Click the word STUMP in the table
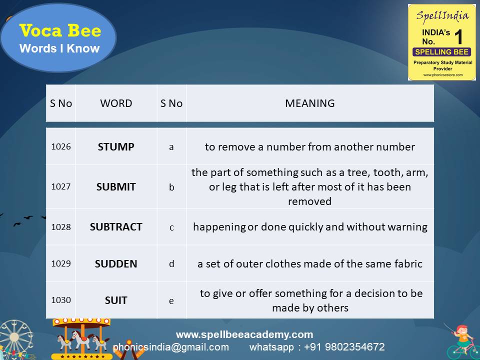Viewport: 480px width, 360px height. coord(116,147)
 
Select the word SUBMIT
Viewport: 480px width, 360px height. coord(116,187)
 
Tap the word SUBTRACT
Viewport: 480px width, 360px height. coord(116,227)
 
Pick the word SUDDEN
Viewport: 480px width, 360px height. coord(116,264)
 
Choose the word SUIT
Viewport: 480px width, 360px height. coord(116,300)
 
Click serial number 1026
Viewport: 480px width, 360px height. coord(61,147)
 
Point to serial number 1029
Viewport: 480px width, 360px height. coord(61,264)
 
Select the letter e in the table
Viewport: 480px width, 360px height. coord(171,300)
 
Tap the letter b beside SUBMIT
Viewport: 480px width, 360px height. coord(171,187)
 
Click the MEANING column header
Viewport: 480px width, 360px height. coord(310,103)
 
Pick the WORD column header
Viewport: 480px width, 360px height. coord(116,103)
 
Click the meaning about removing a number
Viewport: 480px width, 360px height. coord(310,147)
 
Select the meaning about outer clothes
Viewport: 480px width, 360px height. coord(310,264)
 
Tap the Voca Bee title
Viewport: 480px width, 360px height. coord(60,31)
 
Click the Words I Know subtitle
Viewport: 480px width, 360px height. coord(59,48)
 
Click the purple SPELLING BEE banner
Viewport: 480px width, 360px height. coord(441,52)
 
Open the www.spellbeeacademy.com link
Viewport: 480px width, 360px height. coord(244,334)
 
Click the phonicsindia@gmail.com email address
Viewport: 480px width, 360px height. coord(171,347)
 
